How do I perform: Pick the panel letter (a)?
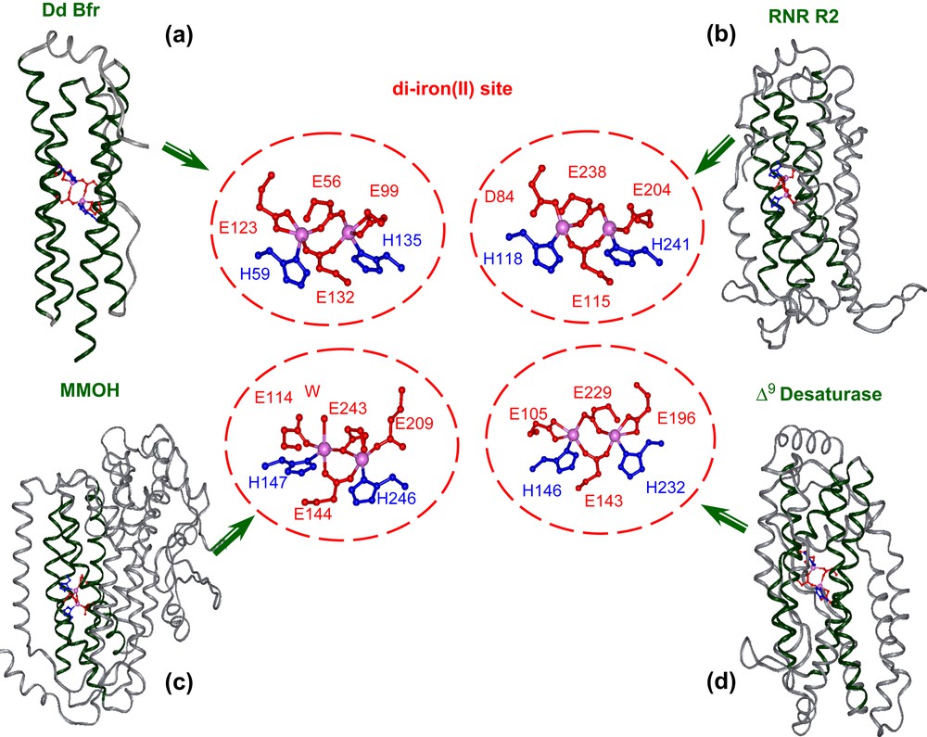coord(179,36)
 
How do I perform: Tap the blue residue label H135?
coord(401,239)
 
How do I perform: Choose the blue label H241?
coord(671,244)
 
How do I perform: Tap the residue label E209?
coord(413,423)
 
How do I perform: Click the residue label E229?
coord(595,394)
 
